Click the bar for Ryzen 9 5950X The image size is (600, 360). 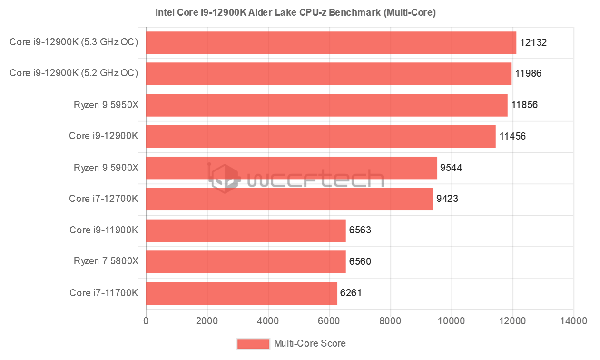pyautogui.click(x=326, y=105)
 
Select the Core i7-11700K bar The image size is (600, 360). pyautogui.click(x=241, y=293)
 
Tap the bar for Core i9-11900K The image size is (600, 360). pyautogui.click(x=246, y=230)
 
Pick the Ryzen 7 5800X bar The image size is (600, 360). pyautogui.click(x=246, y=262)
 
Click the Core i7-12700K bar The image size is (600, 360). pyautogui.click(x=289, y=199)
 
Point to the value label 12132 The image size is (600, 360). pyautogui.click(x=533, y=42)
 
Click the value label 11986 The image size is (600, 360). pyautogui.click(x=529, y=74)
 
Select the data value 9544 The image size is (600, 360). pyautogui.click(x=451, y=168)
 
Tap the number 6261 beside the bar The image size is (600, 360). pyautogui.click(x=351, y=293)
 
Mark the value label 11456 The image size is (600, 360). pyautogui.click(x=512, y=136)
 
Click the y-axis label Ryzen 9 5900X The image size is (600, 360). pyautogui.click(x=106, y=168)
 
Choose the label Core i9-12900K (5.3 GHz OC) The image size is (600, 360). pyautogui.click(x=74, y=42)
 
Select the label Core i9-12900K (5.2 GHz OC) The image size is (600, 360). pyautogui.click(x=74, y=73)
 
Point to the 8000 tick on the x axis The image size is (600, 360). pyautogui.click(x=391, y=321)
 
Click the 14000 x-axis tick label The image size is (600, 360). pyautogui.click(x=573, y=321)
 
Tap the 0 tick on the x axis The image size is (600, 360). pyautogui.click(x=146, y=321)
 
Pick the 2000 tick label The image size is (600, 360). pyautogui.click(x=207, y=321)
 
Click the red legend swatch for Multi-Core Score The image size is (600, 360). pyautogui.click(x=253, y=343)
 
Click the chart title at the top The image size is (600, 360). pyautogui.click(x=295, y=12)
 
